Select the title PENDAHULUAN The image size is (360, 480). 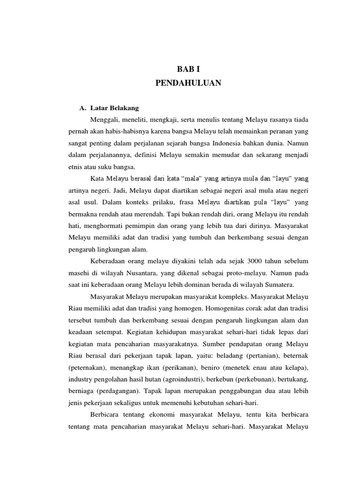[188, 83]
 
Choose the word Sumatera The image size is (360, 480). [280, 284]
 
